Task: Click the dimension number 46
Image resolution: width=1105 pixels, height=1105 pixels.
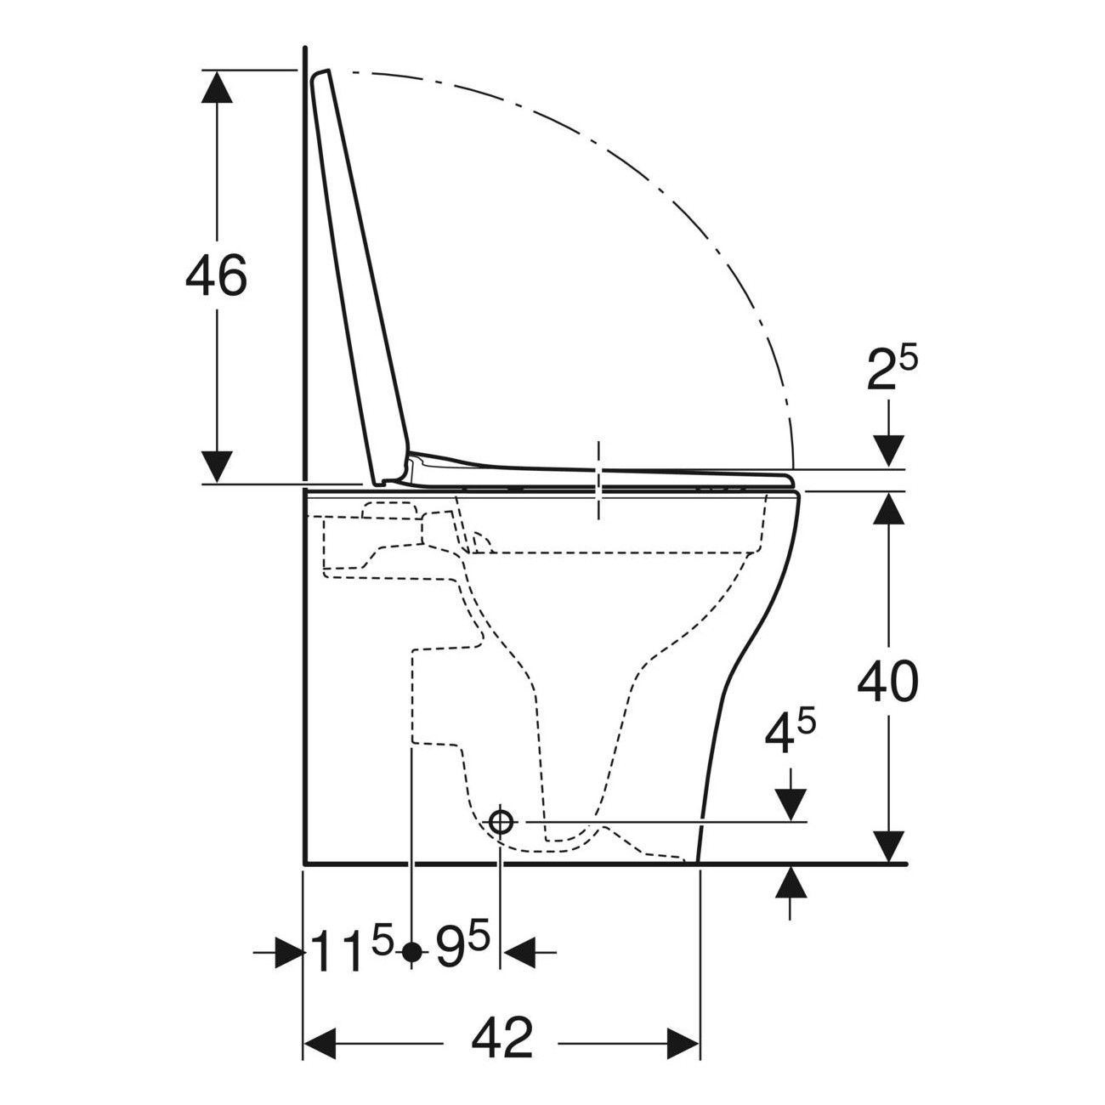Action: coord(216,275)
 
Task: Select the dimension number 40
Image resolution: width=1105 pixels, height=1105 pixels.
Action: coord(887,682)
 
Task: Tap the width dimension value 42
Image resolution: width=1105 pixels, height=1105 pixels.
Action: coord(501,1038)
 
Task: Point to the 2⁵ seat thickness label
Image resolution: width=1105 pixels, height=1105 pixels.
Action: coord(892,371)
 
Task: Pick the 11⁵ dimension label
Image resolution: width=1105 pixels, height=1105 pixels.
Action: coord(351,950)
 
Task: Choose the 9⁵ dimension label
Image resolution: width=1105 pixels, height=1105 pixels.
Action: coord(462,950)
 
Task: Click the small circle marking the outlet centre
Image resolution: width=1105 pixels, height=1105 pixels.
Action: coord(501,822)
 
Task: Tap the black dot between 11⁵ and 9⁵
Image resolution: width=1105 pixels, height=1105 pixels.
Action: coord(411,953)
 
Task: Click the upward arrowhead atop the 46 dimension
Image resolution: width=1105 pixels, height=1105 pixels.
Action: coord(217,86)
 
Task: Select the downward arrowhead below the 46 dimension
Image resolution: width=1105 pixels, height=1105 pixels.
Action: coord(217,467)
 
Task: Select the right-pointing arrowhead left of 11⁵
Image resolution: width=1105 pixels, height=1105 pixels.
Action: coord(289,953)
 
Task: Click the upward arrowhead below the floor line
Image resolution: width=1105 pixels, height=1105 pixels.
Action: coord(790,881)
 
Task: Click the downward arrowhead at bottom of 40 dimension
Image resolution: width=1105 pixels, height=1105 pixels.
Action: coord(889,847)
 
